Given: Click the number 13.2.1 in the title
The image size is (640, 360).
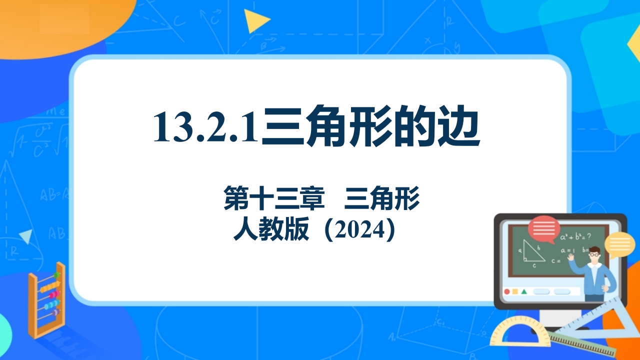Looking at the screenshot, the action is pos(205,126).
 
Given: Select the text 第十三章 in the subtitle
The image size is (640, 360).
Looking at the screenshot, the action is pos(274,197).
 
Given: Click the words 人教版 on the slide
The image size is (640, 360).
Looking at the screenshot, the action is pos(271,229).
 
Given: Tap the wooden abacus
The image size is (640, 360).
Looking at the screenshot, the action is pos(47,300).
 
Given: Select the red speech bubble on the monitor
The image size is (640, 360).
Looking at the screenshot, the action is pos(544,229).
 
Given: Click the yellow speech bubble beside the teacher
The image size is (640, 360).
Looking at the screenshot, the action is pos(619,245).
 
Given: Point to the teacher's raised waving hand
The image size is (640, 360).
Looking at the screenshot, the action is pos(571,256).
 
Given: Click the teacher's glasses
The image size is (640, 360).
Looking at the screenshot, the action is pos(594,254).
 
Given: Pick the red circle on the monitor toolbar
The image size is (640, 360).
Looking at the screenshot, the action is pos(507,291).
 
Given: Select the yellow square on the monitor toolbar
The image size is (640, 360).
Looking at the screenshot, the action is pos(515,291).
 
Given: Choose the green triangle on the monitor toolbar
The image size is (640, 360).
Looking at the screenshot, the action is pos(524,291).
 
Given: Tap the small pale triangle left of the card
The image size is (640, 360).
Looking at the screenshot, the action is pos(26,236).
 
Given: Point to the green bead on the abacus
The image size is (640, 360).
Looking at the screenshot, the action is pos(56,275).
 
